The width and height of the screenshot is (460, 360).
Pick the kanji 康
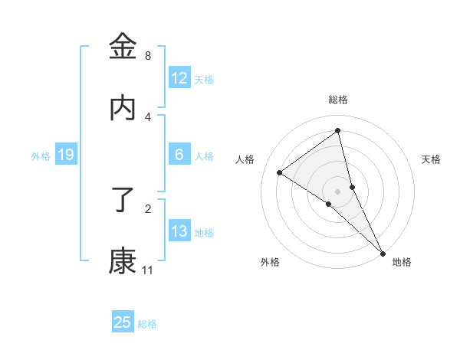tap(123, 260)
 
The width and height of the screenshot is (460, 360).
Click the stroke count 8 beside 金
tap(147, 56)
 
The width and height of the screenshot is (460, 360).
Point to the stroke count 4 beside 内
tap(147, 116)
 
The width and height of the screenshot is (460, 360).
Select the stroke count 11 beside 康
tap(147, 270)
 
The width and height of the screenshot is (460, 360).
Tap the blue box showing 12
tap(179, 78)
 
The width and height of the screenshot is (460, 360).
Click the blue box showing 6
tap(179, 155)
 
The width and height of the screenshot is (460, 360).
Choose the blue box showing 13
tap(179, 231)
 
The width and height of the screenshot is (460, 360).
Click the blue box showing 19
tap(66, 155)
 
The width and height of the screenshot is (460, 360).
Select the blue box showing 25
tap(123, 322)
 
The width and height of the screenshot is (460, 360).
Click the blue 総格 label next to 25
tap(147, 324)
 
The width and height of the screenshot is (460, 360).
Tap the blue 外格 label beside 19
tap(41, 156)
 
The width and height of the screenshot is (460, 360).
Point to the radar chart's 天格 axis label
tap(431, 159)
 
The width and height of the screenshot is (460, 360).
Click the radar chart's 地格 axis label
tap(402, 262)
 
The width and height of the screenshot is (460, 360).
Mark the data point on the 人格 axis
tap(280, 172)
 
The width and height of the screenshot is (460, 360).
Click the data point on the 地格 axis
tap(383, 251)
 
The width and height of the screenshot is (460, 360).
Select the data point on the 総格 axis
tap(338, 131)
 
